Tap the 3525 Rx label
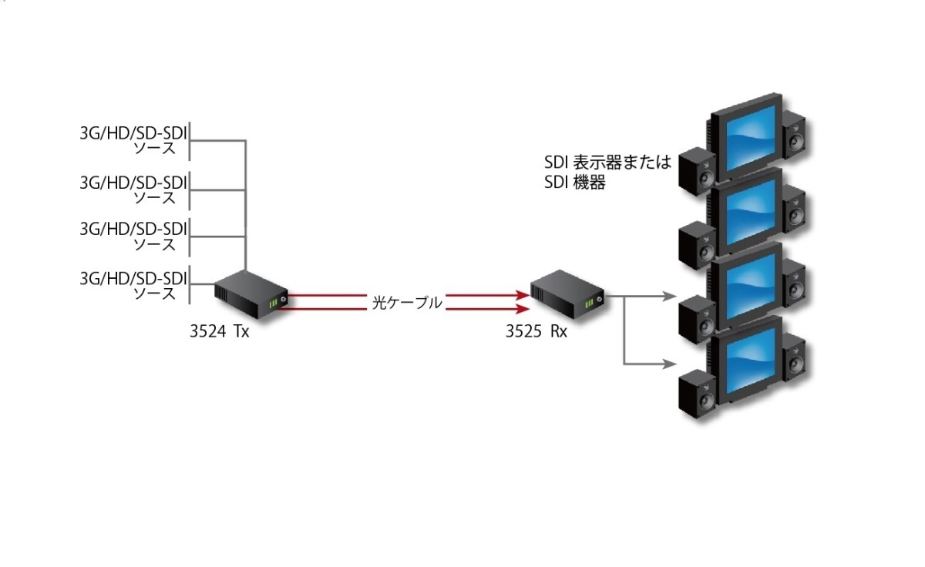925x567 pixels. click(536, 333)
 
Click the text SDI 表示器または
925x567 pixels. click(607, 163)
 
